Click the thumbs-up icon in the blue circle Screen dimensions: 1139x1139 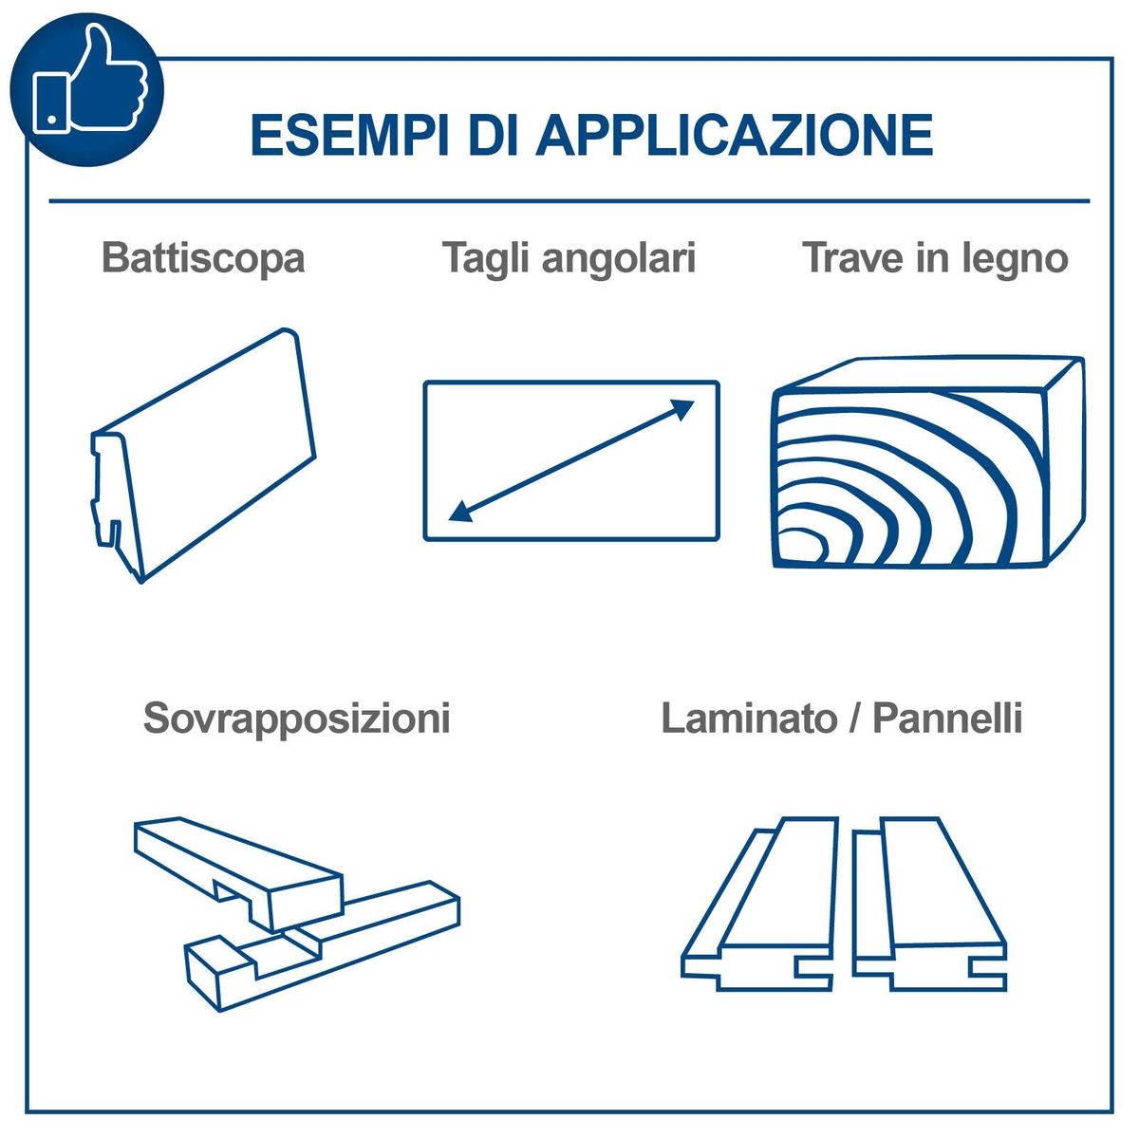(x=88, y=79)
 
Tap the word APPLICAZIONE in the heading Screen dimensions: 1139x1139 (x=735, y=136)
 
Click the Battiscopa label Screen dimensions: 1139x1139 (x=203, y=258)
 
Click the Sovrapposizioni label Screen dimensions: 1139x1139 (x=297, y=719)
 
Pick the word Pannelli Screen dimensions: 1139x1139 (x=948, y=719)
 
